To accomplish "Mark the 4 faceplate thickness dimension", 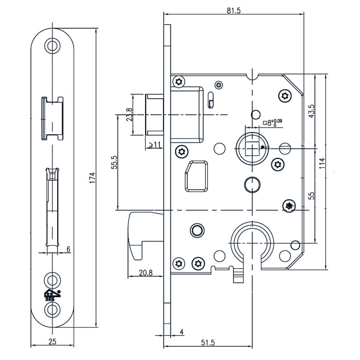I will point(182,333).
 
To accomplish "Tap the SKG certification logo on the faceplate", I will point(51,295).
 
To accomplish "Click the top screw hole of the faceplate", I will point(51,45).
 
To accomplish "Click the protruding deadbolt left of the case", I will point(140,235).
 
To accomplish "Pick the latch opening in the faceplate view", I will point(52,117).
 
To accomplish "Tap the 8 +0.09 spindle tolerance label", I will point(272,122).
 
